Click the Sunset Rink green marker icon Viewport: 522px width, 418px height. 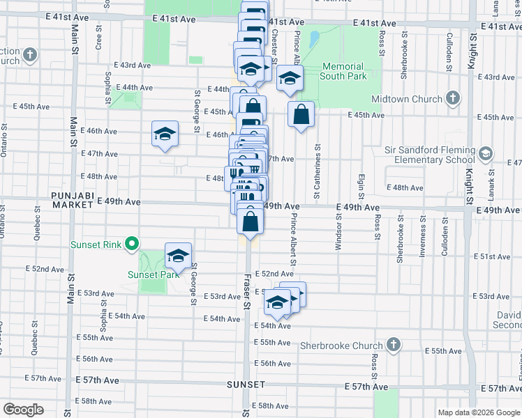pos(130,245)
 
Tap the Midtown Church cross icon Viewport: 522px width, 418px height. pos(452,99)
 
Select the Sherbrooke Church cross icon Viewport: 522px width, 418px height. pos(394,345)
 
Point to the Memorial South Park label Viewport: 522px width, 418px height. pos(344,71)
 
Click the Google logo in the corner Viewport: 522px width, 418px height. pos(24,410)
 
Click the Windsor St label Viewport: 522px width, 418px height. pos(339,231)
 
